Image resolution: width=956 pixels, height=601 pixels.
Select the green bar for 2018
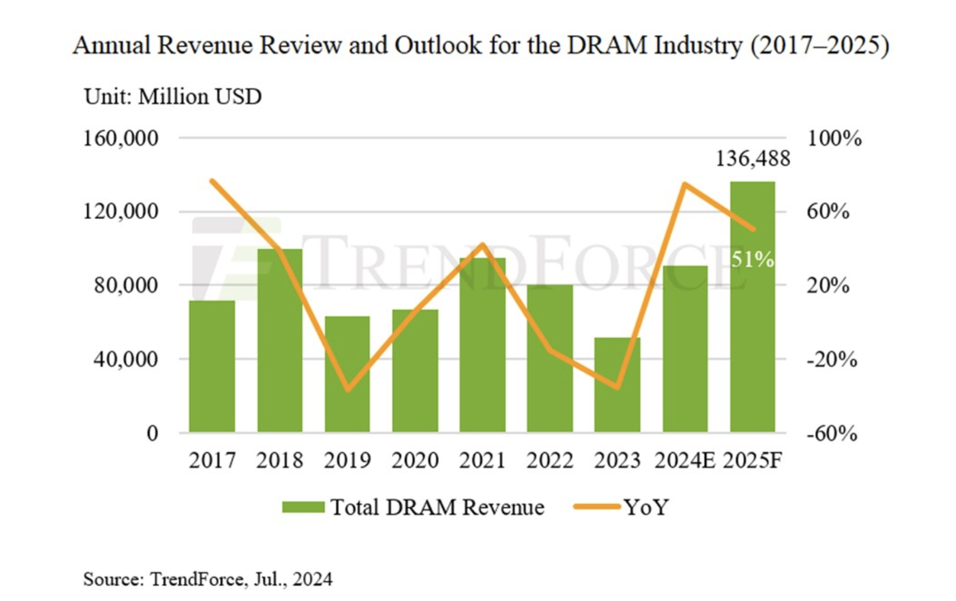coord(280,341)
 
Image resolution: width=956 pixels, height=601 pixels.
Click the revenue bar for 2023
coord(617,385)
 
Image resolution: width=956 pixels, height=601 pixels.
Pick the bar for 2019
coord(347,374)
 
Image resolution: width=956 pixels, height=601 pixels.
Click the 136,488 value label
coord(753,159)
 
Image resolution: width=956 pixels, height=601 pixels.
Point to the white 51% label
coord(752,260)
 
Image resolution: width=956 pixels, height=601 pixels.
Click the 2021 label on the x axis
coord(482,461)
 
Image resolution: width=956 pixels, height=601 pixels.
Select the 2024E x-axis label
coord(685,461)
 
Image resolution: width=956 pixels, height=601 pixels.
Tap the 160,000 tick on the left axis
coord(121,139)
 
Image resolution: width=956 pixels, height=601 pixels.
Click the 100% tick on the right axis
coord(834,139)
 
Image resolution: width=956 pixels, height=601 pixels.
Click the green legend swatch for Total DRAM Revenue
coord(303,507)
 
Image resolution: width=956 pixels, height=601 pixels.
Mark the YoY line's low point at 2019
coord(348,389)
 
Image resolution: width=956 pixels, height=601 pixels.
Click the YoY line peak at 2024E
coord(685,184)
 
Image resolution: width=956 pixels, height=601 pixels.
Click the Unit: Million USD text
coord(173,97)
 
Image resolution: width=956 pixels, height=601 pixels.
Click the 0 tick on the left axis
coord(152,433)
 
